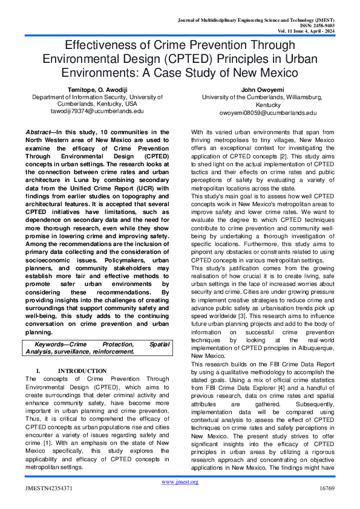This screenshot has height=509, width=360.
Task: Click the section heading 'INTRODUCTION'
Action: pos(82,371)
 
